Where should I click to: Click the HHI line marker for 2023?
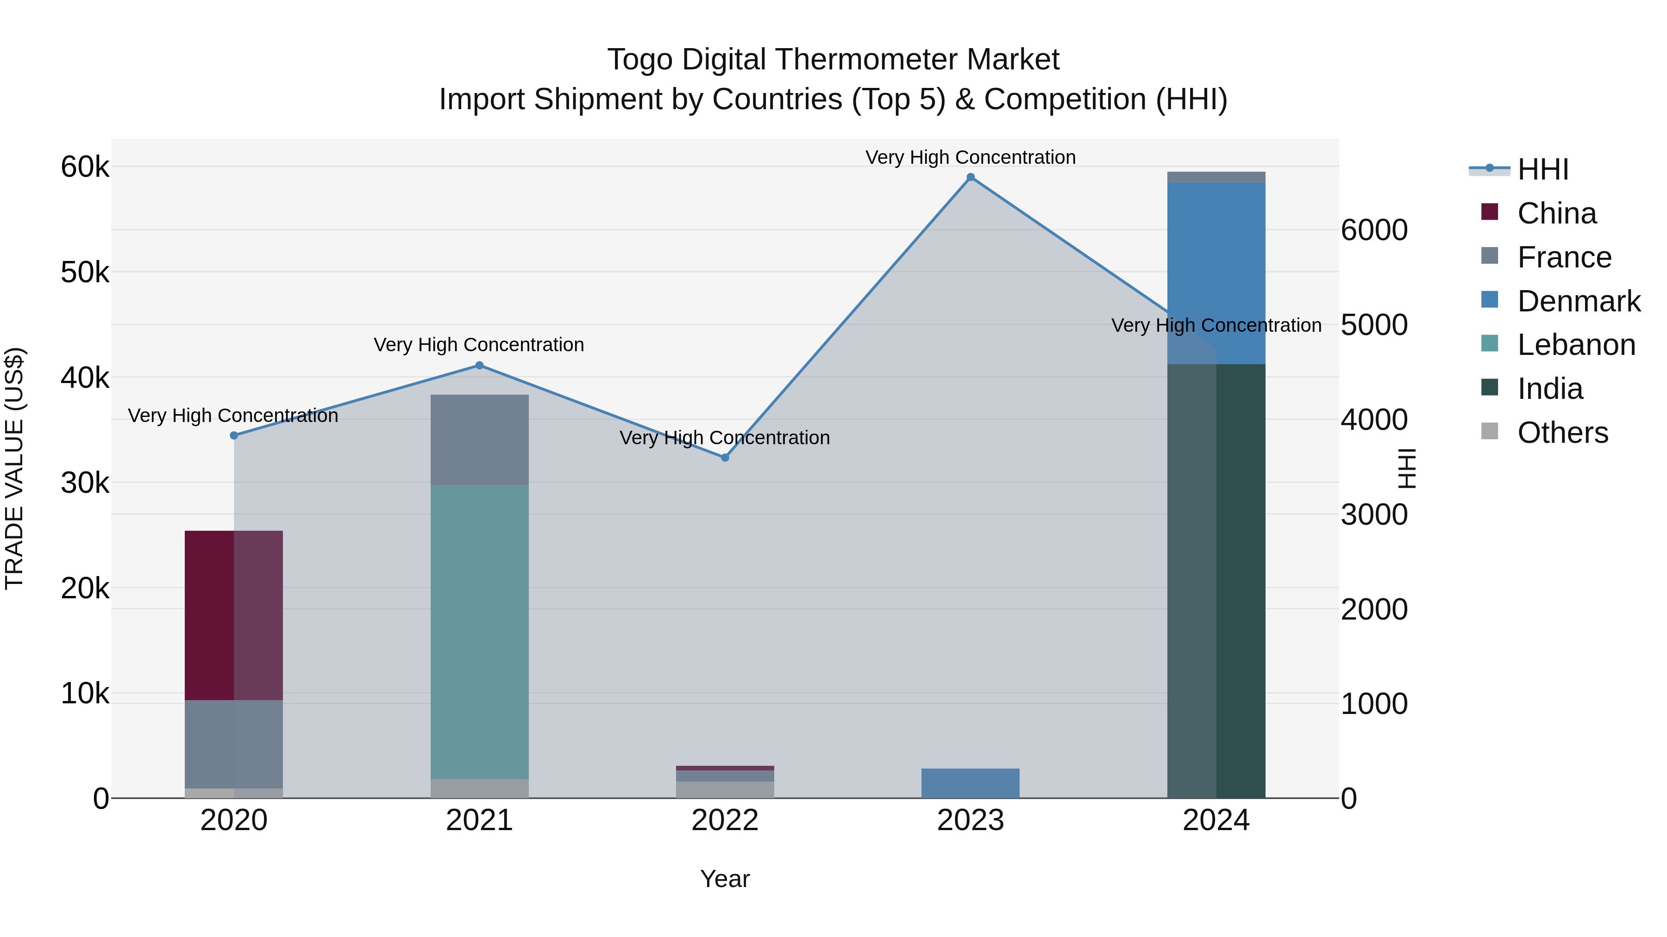pos(970,177)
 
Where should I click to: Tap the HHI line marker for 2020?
pos(234,435)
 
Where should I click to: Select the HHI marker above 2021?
pos(480,366)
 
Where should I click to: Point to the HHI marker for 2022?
pos(725,457)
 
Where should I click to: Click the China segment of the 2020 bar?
pos(234,614)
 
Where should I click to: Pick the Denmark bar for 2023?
pos(970,782)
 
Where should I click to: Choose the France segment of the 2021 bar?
pos(480,439)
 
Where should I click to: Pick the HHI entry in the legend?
pos(1542,169)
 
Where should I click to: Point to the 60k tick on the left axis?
pos(85,167)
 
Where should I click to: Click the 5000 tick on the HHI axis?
pos(1374,325)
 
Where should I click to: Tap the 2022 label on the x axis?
pos(725,820)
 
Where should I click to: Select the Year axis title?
pos(725,879)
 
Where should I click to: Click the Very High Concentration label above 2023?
pos(970,157)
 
